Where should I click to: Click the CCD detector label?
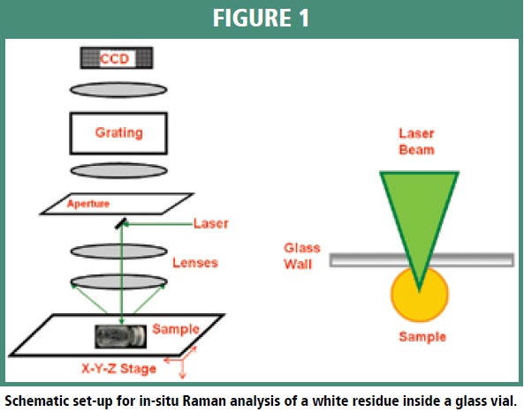point(114,59)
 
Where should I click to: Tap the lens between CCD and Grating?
point(118,90)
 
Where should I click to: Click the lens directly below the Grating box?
point(118,170)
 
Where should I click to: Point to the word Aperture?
point(88,204)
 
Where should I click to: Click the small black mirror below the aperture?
point(121,223)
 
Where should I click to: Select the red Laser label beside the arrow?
point(211,223)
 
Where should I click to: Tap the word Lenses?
point(195,263)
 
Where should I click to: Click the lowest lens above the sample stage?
point(118,281)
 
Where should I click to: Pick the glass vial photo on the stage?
point(121,337)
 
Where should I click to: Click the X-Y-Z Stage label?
point(119,369)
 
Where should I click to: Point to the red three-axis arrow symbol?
point(181,362)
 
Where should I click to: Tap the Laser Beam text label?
point(417,141)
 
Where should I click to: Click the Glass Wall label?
point(302,256)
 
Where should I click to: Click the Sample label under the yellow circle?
point(422,337)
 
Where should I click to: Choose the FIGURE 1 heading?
point(262,18)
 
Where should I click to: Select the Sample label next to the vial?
point(176,329)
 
